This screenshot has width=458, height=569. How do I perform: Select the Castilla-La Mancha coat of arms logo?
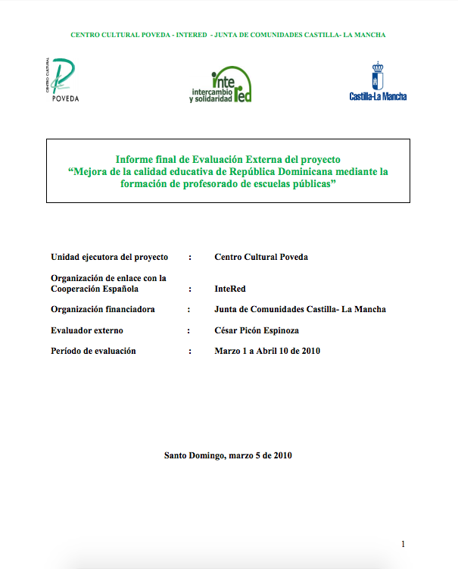[x=378, y=82]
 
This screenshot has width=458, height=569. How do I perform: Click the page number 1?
[x=403, y=543]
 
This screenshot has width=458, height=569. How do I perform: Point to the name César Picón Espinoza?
[x=256, y=330]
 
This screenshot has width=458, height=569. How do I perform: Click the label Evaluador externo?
[x=87, y=330]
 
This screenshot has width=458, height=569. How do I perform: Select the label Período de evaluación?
[x=93, y=351]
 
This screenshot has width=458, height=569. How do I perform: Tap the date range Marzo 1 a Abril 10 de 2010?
[x=267, y=351]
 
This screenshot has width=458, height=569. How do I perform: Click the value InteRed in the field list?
[x=230, y=289]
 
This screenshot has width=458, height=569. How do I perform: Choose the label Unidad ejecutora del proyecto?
[x=109, y=257]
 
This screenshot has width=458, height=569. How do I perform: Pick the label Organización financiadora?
[x=103, y=309]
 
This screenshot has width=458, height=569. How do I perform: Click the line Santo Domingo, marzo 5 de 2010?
[x=228, y=455]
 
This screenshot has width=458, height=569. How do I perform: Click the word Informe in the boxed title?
[x=133, y=160]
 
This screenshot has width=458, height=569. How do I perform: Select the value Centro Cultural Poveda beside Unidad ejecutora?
[x=261, y=257]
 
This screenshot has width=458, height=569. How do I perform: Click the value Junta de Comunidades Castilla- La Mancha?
[x=301, y=309]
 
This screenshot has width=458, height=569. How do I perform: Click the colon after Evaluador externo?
[x=188, y=330]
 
